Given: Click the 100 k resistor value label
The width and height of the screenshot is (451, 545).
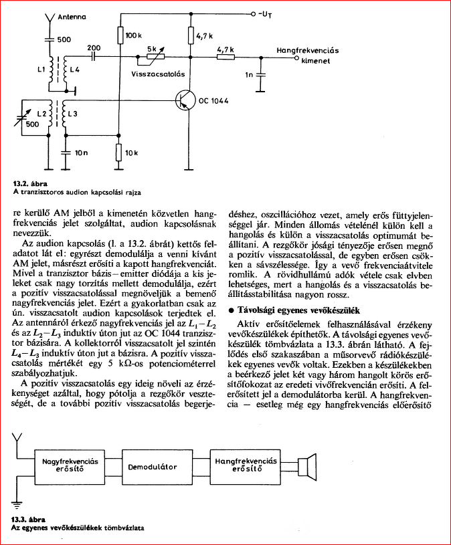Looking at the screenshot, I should click(134, 34).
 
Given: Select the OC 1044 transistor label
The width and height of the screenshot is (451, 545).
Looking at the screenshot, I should click(213, 101).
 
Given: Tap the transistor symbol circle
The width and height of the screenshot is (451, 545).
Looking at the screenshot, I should click(182, 100).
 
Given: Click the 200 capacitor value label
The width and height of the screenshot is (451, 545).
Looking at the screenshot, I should click(93, 48).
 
